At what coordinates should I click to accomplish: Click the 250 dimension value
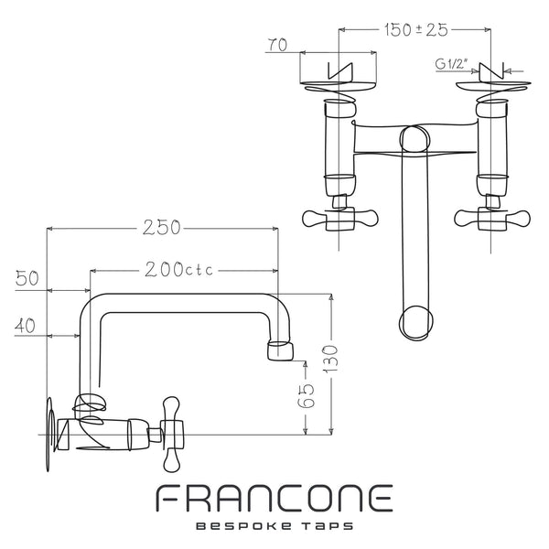[x=162, y=228]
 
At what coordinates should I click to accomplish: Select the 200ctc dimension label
[x=179, y=270]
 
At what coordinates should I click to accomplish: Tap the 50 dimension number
[x=27, y=279]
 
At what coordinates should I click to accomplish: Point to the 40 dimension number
[x=25, y=326]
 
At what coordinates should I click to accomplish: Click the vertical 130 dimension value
[x=330, y=359]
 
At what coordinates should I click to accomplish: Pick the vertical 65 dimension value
[x=306, y=396]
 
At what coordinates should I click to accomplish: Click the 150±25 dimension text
[x=416, y=30]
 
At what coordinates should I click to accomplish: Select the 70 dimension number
[x=277, y=45]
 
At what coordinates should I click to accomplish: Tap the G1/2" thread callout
[x=452, y=64]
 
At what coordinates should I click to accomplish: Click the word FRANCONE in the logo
[x=274, y=499]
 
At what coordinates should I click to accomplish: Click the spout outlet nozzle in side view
[x=280, y=350]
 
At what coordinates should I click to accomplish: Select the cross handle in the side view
[x=172, y=434]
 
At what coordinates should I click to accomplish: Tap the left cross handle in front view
[x=340, y=219]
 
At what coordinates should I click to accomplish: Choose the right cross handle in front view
[x=491, y=219]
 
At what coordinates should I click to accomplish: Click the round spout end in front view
[x=416, y=323]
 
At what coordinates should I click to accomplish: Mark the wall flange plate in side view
[x=50, y=434]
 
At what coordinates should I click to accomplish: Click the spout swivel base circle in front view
[x=414, y=139]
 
